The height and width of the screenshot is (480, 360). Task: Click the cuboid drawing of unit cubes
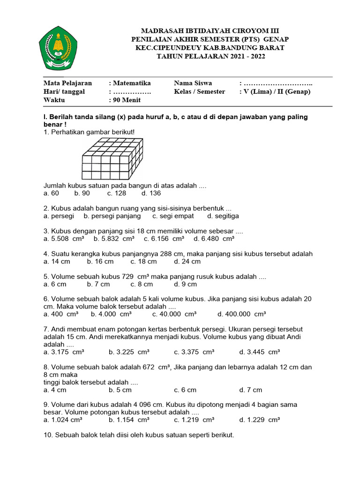point(112,160)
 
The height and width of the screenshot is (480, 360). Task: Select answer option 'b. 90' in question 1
point(82,193)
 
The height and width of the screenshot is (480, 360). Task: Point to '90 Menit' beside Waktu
point(126,100)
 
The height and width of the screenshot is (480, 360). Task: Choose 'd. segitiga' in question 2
point(223,216)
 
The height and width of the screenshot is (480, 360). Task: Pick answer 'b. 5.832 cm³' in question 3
point(114,239)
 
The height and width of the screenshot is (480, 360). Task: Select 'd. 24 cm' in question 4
point(187,262)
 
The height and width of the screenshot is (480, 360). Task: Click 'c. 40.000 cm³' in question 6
point(174,314)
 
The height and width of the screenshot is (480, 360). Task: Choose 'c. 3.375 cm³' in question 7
point(194,352)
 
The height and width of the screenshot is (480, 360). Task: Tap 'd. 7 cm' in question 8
point(251,390)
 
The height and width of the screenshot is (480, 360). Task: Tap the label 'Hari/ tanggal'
point(64,91)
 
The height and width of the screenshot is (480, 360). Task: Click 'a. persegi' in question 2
point(59,216)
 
